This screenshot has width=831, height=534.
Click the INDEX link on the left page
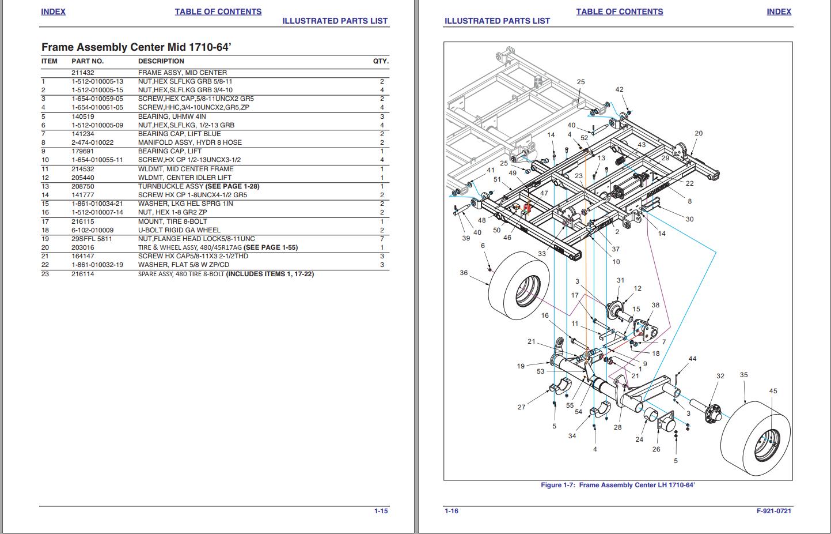pyautogui.click(x=53, y=12)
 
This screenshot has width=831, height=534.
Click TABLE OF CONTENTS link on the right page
pyautogui.click(x=619, y=12)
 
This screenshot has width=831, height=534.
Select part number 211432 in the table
pyautogui.click(x=82, y=73)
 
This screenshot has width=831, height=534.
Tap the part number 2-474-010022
pyautogui.click(x=92, y=142)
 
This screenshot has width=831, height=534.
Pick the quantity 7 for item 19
pyautogui.click(x=382, y=239)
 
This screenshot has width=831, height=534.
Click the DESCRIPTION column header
pyautogui.click(x=161, y=61)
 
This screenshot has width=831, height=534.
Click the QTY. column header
pyautogui.click(x=381, y=61)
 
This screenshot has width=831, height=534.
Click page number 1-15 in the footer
pyautogui.click(x=381, y=511)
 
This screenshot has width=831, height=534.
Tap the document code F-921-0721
pyautogui.click(x=773, y=511)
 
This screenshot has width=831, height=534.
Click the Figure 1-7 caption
pyautogui.click(x=617, y=485)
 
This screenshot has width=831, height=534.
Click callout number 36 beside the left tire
pyautogui.click(x=464, y=273)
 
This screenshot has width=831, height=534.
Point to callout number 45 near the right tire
pyautogui.click(x=773, y=391)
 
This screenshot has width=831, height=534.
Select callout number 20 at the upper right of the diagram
pyautogui.click(x=699, y=133)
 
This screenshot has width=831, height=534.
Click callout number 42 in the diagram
pyautogui.click(x=619, y=89)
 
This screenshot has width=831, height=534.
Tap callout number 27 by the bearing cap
pyautogui.click(x=521, y=407)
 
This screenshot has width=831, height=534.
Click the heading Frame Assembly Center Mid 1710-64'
pyautogui.click(x=136, y=47)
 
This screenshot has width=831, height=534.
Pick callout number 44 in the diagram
pyautogui.click(x=692, y=359)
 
